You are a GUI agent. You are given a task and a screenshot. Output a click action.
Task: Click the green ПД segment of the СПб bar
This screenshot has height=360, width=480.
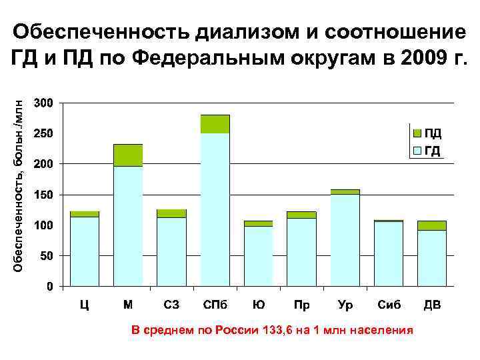[215, 124]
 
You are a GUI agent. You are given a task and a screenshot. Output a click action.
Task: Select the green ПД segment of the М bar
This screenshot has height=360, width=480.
[128, 155]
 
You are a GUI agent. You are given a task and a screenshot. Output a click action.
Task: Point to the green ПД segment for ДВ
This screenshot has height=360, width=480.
[431, 225]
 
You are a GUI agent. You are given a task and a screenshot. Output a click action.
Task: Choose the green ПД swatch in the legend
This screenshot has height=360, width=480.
[417, 133]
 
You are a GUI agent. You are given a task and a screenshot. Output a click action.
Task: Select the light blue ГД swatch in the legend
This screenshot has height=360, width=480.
[417, 150]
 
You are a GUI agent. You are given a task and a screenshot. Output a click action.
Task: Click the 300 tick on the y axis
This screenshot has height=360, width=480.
[45, 103]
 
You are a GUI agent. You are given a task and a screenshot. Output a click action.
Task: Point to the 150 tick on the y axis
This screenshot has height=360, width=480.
[45, 195]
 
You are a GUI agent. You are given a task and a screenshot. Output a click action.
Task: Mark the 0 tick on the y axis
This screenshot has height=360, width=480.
[51, 287]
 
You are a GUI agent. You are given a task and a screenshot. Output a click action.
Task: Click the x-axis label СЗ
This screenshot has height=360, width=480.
[171, 306]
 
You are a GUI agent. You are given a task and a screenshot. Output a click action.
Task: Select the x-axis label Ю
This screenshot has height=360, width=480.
[258, 306]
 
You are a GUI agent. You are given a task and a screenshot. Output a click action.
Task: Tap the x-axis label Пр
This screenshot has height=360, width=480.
[301, 306]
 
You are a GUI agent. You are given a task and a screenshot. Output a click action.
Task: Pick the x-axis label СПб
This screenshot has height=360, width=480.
[215, 306]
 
